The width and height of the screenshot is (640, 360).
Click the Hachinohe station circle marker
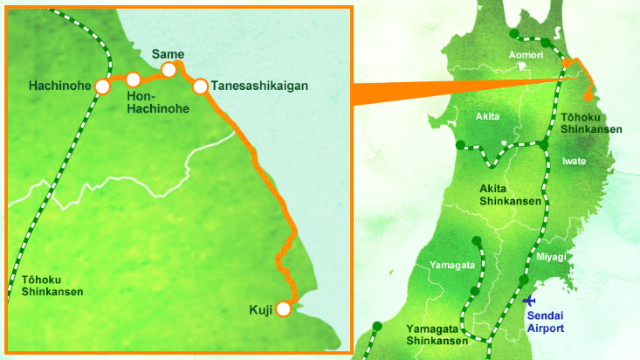103,87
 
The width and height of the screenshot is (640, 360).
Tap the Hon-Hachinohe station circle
133,80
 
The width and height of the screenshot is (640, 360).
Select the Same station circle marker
169,70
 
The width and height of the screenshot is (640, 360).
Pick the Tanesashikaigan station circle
200,86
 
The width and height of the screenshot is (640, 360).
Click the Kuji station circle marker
283,308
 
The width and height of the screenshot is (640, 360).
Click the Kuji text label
261,309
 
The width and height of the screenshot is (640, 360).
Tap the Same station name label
168,54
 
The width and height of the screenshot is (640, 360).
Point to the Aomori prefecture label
526,55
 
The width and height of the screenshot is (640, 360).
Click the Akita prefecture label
488,116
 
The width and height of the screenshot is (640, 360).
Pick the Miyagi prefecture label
551,256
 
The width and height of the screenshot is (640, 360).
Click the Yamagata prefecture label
452,264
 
